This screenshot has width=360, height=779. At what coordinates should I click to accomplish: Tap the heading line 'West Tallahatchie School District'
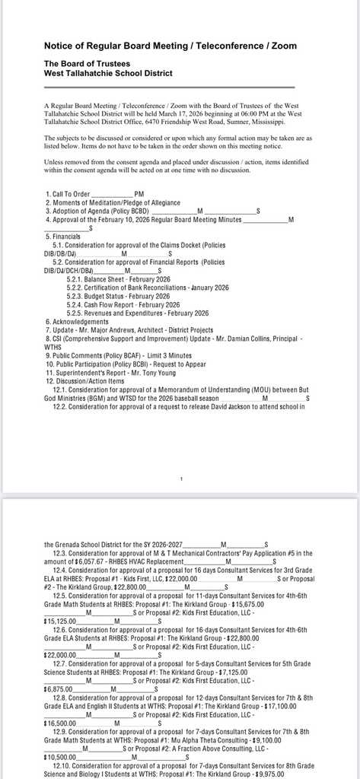click(x=108, y=73)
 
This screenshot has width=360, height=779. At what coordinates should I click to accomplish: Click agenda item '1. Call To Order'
click(x=72, y=195)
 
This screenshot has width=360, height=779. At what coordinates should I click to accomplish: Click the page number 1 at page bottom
click(x=181, y=479)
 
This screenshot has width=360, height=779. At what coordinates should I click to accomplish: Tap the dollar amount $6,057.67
click(x=94, y=561)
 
